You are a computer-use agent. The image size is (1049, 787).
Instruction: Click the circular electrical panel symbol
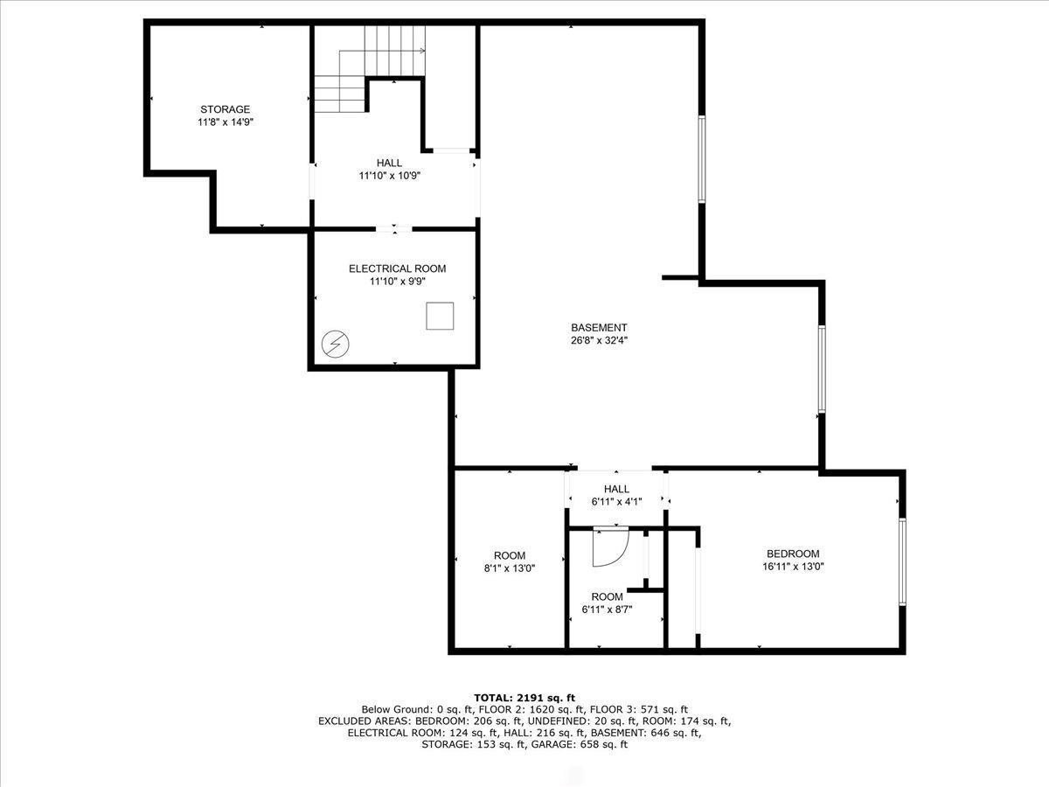coord(334,344)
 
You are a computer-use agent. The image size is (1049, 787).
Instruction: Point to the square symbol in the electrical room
coord(440,316)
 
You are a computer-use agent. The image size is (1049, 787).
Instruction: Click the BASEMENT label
coord(599,327)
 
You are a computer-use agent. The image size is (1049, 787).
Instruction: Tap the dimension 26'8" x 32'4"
coord(599,340)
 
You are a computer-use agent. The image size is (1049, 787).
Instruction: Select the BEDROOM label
coord(793,554)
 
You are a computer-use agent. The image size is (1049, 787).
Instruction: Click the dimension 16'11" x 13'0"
coord(793,567)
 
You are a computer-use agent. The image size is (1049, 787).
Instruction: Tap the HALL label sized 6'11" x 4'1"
coord(616,489)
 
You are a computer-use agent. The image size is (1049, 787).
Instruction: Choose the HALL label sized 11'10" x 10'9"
coord(390,163)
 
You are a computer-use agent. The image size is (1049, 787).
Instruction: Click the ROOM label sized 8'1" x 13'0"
coord(510,555)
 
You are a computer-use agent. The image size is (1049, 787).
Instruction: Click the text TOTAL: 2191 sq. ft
coord(524,697)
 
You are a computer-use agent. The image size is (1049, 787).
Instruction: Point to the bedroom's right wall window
coord(901,561)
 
